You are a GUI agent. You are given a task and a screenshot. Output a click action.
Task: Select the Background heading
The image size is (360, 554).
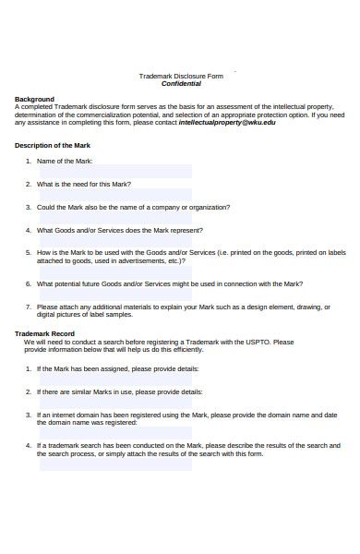click(x=34, y=99)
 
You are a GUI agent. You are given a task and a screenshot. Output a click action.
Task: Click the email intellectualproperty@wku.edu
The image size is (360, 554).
click(x=227, y=122)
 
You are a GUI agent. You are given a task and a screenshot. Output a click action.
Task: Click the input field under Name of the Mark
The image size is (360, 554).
click(x=114, y=172)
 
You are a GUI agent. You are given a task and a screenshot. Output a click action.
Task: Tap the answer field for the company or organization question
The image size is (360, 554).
click(x=114, y=219)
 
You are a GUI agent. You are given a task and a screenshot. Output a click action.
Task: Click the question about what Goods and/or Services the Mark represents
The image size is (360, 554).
click(x=120, y=230)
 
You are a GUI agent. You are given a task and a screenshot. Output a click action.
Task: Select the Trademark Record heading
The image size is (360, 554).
click(x=45, y=333)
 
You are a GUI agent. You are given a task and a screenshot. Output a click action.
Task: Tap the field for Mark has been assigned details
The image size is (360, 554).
click(x=114, y=379)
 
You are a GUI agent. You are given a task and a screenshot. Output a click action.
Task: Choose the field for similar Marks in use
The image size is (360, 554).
click(x=114, y=403)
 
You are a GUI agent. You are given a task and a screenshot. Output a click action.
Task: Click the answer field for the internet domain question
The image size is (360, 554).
click(x=114, y=432)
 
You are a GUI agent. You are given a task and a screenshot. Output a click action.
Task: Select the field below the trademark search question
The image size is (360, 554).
click(x=114, y=465)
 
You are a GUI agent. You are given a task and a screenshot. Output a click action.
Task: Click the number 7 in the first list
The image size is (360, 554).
click(x=29, y=306)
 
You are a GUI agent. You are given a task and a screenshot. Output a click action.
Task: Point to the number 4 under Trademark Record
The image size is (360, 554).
click(x=29, y=445)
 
